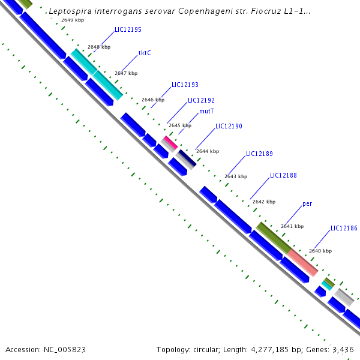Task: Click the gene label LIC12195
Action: (128, 29)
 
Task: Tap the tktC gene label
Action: (145, 53)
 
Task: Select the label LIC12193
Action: (185, 85)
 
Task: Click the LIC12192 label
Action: (201, 101)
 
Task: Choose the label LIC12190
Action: (229, 127)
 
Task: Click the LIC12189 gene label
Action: (259, 154)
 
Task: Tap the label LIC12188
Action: (283, 176)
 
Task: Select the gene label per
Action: (307, 204)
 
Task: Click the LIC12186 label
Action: (344, 229)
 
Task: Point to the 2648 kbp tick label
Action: (99, 47)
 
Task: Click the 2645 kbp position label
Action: (180, 126)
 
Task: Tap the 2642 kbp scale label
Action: (263, 202)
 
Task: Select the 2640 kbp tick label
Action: (320, 251)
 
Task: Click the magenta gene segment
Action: (170, 142)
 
